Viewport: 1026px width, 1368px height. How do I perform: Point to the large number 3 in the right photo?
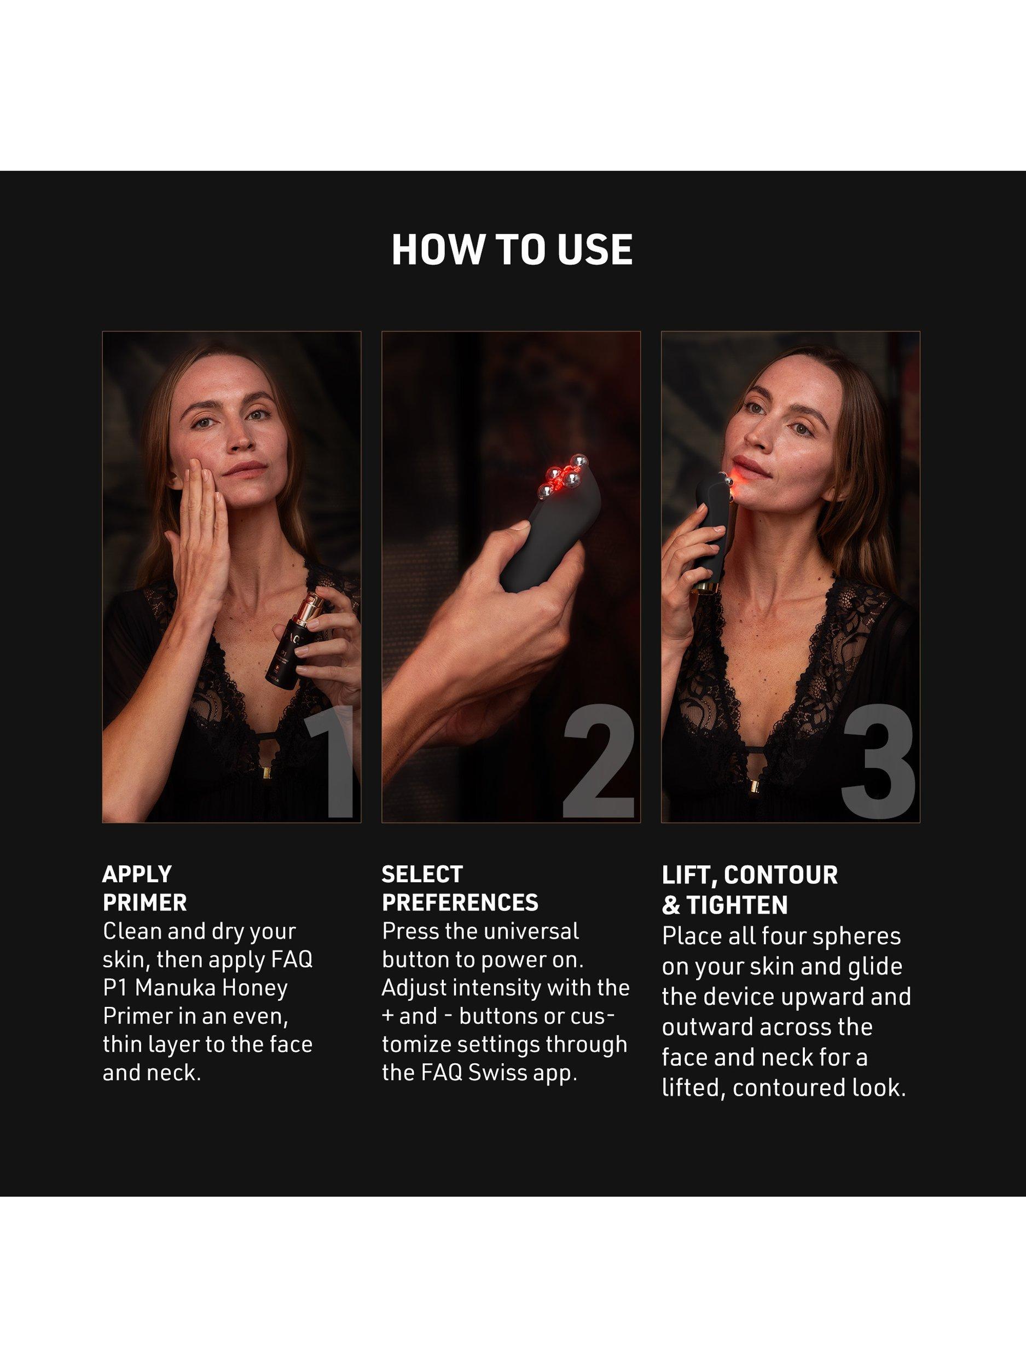[878, 760]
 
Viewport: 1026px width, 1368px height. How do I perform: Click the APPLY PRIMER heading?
[144, 889]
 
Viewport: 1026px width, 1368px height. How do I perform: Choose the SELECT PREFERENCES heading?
[460, 889]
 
